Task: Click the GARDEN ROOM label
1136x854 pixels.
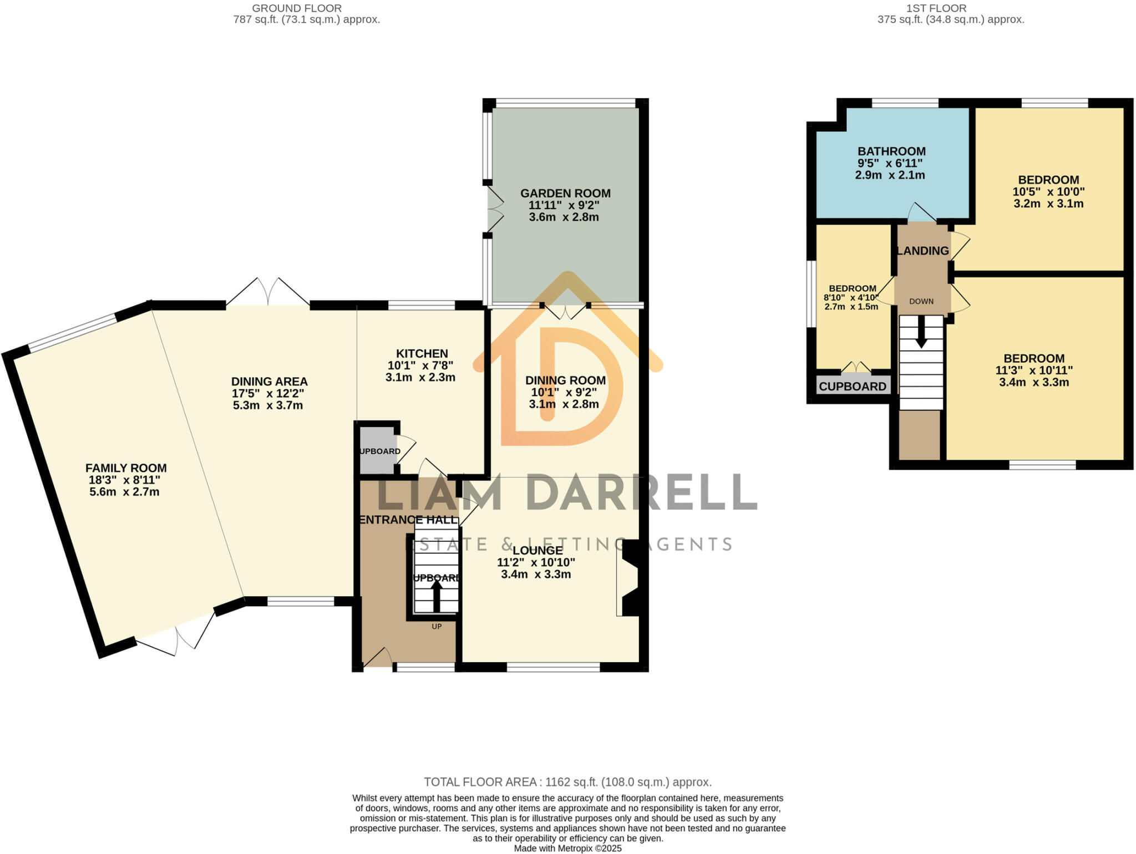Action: click(565, 194)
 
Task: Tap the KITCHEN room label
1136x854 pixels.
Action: click(422, 354)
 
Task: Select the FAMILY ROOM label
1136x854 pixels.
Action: click(126, 468)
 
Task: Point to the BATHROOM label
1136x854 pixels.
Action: click(891, 151)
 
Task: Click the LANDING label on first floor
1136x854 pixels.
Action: click(922, 251)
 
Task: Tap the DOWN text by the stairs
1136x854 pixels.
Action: click(921, 302)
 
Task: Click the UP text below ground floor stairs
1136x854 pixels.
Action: click(437, 627)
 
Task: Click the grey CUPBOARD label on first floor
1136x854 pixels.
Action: click(852, 387)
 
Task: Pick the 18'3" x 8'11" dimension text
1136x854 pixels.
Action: click(124, 480)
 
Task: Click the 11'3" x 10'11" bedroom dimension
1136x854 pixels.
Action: click(1033, 370)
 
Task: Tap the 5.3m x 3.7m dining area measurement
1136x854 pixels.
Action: click(268, 405)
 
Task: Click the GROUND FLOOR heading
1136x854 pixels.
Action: click(297, 8)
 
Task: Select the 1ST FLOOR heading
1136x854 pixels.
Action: click(951, 8)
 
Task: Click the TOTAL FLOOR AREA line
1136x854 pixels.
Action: click(567, 782)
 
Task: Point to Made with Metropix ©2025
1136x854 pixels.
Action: click(567, 848)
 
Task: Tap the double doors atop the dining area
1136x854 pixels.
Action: click(268, 292)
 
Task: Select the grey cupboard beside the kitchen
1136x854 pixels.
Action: click(377, 450)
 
